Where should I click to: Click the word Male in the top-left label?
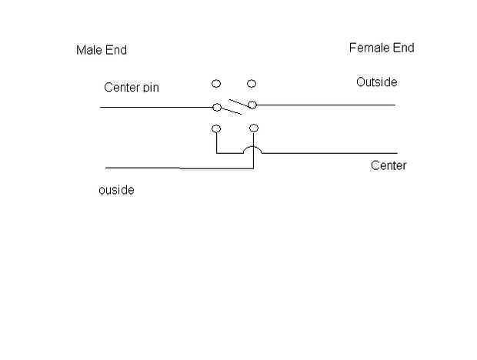pyautogui.click(x=88, y=50)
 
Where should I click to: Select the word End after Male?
pyautogui.click(x=115, y=50)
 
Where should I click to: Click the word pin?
pyautogui.click(x=150, y=88)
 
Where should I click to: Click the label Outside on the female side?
pyautogui.click(x=376, y=82)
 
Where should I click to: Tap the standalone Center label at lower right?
pyautogui.click(x=389, y=165)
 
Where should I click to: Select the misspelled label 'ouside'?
pyautogui.click(x=116, y=190)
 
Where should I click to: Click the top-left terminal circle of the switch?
pyautogui.click(x=216, y=83)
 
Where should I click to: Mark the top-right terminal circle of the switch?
pyautogui.click(x=252, y=83)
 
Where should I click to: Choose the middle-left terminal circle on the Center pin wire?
pyautogui.click(x=217, y=107)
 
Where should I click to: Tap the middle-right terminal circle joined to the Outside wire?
pyautogui.click(x=252, y=105)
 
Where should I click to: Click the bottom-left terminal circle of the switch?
pyautogui.click(x=216, y=128)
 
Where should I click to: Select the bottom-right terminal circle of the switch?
pyautogui.click(x=254, y=128)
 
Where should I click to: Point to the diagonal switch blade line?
pyautogui.click(x=235, y=106)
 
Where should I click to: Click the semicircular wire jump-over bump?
pyautogui.click(x=253, y=148)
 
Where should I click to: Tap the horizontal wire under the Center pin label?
pyautogui.click(x=154, y=107)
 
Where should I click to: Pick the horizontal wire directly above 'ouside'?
pyautogui.click(x=142, y=167)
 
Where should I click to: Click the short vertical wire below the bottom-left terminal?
pyautogui.click(x=216, y=143)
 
